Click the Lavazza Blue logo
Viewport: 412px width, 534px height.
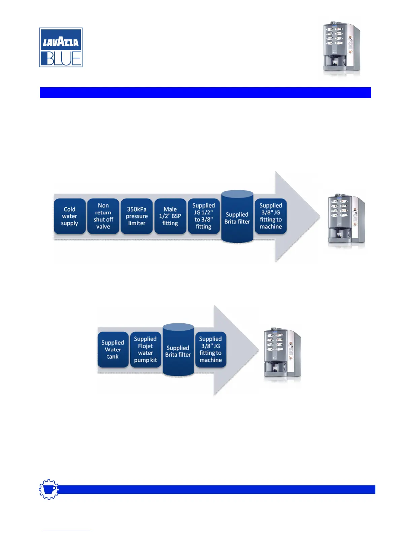61,47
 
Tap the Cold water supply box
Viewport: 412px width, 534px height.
70,216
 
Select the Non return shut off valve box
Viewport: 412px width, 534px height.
103,216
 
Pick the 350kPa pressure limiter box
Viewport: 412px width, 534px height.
137,216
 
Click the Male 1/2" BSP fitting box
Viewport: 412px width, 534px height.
170,216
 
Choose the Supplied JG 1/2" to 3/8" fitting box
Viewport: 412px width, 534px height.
204,216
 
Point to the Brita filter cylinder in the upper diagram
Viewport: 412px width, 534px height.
237,217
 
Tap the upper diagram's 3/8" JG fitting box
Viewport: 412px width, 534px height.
271,216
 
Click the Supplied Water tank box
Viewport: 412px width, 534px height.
113,350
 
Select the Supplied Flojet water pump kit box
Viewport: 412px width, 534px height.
145,350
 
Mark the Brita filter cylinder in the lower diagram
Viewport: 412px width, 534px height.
178,351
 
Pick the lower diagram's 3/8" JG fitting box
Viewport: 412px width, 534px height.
211,350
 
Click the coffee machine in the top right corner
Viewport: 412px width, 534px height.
341,47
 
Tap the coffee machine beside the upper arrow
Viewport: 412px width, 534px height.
346,221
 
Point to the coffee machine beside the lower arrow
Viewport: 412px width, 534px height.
282,354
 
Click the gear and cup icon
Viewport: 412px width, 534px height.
49,489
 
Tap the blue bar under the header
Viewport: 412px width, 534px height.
205,93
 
